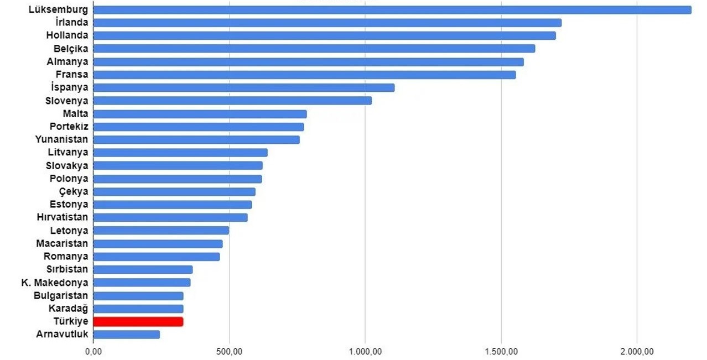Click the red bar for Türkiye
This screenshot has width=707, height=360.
tap(138, 321)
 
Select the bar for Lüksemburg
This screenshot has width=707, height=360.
tap(392, 10)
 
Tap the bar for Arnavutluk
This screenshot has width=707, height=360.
tap(127, 335)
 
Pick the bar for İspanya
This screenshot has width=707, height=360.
tap(244, 88)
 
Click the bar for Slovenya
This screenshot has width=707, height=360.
tap(232, 101)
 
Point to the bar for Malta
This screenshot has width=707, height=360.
tap(200, 114)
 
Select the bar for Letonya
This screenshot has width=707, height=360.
tap(162, 231)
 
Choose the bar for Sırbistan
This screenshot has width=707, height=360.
tap(143, 269)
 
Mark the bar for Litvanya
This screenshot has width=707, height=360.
tap(180, 153)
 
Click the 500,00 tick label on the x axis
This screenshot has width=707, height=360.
tap(230, 352)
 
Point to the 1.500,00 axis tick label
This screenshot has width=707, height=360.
tap(501, 352)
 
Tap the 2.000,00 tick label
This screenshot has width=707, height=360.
tap(637, 352)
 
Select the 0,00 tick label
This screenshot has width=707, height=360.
tap(93, 352)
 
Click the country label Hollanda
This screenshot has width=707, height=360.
tap(67, 35)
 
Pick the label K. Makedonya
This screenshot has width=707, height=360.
tap(55, 283)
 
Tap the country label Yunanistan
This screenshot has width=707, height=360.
tap(62, 139)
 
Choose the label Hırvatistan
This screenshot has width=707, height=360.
tap(63, 217)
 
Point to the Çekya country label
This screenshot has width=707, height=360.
tap(74, 191)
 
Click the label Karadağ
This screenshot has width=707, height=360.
tap(69, 308)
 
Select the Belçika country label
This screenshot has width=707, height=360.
tap(71, 49)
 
